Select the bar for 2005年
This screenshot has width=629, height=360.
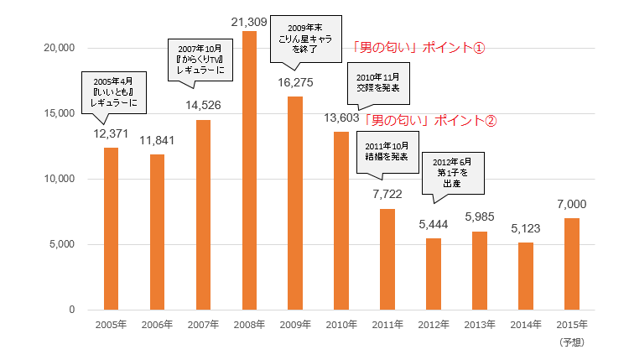click(111, 228)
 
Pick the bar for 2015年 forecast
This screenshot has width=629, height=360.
click(572, 263)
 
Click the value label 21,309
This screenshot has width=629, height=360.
click(249, 19)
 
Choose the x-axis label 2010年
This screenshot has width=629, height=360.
click(341, 325)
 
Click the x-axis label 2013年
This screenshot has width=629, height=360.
click(480, 325)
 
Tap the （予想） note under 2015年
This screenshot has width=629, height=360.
click(572, 342)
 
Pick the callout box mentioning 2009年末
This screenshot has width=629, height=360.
click(307, 39)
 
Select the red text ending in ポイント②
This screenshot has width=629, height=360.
click(429, 120)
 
